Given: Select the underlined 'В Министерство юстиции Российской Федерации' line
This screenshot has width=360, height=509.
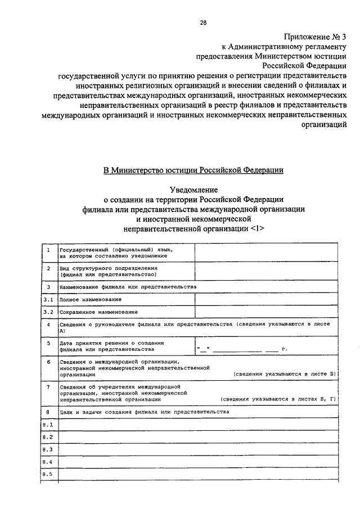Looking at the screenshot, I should pyautogui.click(x=193, y=169).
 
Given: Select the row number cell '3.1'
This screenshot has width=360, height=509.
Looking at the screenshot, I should pyautogui.click(x=49, y=299).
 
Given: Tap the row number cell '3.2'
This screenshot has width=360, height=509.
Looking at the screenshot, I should pyautogui.click(x=49, y=312).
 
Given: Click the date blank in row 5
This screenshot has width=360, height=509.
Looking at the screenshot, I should pyautogui.click(x=239, y=349).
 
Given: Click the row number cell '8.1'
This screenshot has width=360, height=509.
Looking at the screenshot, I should pyautogui.click(x=48, y=424).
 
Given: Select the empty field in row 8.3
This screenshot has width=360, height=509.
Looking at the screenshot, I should pyautogui.click(x=198, y=449).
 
